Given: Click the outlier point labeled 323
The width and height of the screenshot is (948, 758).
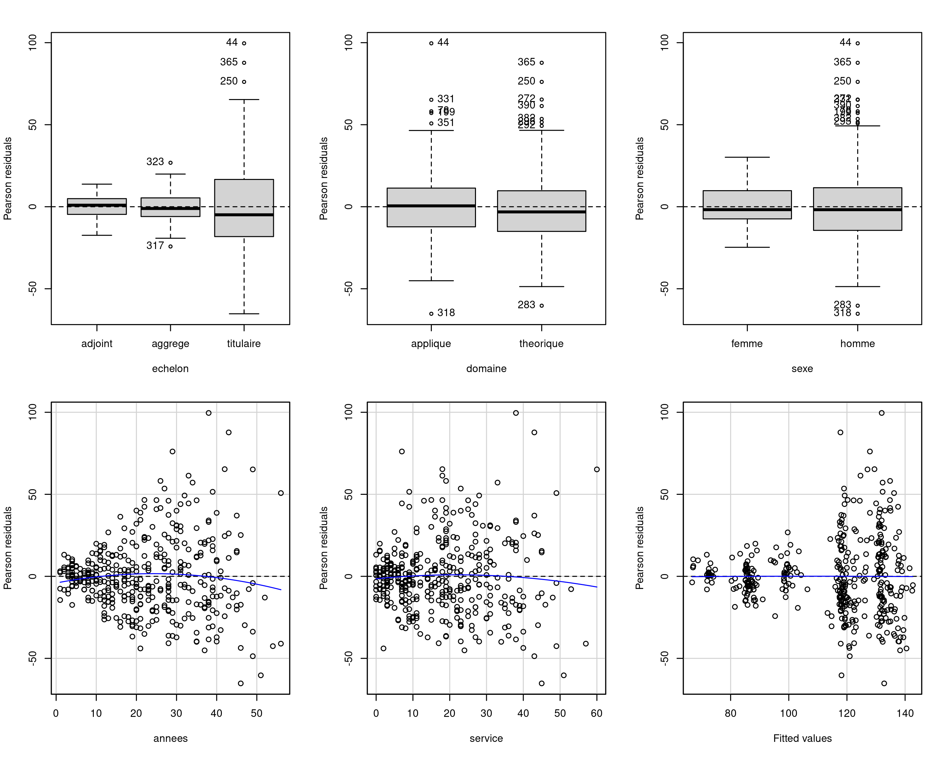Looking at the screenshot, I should (x=171, y=163).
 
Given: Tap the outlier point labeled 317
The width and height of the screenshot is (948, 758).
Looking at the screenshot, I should (x=171, y=246).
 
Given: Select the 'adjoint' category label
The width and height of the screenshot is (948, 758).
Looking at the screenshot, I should (x=97, y=343).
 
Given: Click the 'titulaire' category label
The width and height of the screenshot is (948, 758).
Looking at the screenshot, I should (x=244, y=343).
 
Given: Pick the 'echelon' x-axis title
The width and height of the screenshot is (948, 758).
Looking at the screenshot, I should (x=170, y=369).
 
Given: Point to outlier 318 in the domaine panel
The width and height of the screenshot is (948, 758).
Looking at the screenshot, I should (x=431, y=314).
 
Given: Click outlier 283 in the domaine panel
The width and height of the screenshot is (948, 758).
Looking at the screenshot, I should (x=542, y=305).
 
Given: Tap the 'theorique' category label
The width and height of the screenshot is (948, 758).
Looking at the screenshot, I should (x=541, y=343).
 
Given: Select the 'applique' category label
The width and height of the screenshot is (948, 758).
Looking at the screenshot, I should (x=431, y=343).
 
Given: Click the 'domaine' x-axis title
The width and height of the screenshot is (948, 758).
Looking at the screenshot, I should (x=486, y=369).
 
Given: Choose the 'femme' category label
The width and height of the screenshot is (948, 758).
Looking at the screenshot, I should (x=747, y=343).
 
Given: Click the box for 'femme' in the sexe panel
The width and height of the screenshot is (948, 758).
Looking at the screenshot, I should (x=747, y=205).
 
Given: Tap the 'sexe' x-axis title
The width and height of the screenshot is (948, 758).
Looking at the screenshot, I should (x=802, y=369).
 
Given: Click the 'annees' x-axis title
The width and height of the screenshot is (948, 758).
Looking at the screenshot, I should (x=170, y=739).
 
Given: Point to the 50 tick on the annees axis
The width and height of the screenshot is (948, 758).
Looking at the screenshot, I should (x=257, y=713).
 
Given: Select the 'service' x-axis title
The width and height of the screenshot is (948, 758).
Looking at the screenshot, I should (x=486, y=739).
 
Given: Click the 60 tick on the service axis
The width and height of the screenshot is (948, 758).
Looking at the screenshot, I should (x=597, y=713).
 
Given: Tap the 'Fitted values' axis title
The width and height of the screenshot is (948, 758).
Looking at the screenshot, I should (x=803, y=739).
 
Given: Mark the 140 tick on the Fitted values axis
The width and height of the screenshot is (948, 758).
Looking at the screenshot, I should (x=905, y=713).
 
